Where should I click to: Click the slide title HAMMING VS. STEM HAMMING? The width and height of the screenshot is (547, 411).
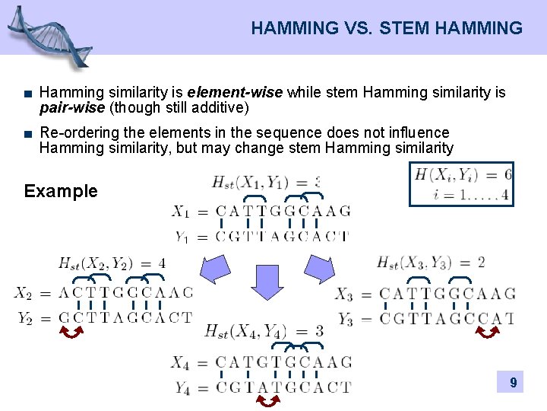(x=387, y=29)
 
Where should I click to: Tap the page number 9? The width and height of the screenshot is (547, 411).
(x=514, y=383)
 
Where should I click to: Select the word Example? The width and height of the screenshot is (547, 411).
(x=61, y=191)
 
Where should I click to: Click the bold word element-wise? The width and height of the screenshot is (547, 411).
(x=241, y=93)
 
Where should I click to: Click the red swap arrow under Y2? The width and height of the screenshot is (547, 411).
(x=72, y=332)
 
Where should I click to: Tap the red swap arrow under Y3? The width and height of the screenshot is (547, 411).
(x=487, y=332)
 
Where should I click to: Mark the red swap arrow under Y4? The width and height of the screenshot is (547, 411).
(x=267, y=400)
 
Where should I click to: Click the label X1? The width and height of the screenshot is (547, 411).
(x=181, y=211)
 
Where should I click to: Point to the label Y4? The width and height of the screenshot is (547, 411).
(x=182, y=388)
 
